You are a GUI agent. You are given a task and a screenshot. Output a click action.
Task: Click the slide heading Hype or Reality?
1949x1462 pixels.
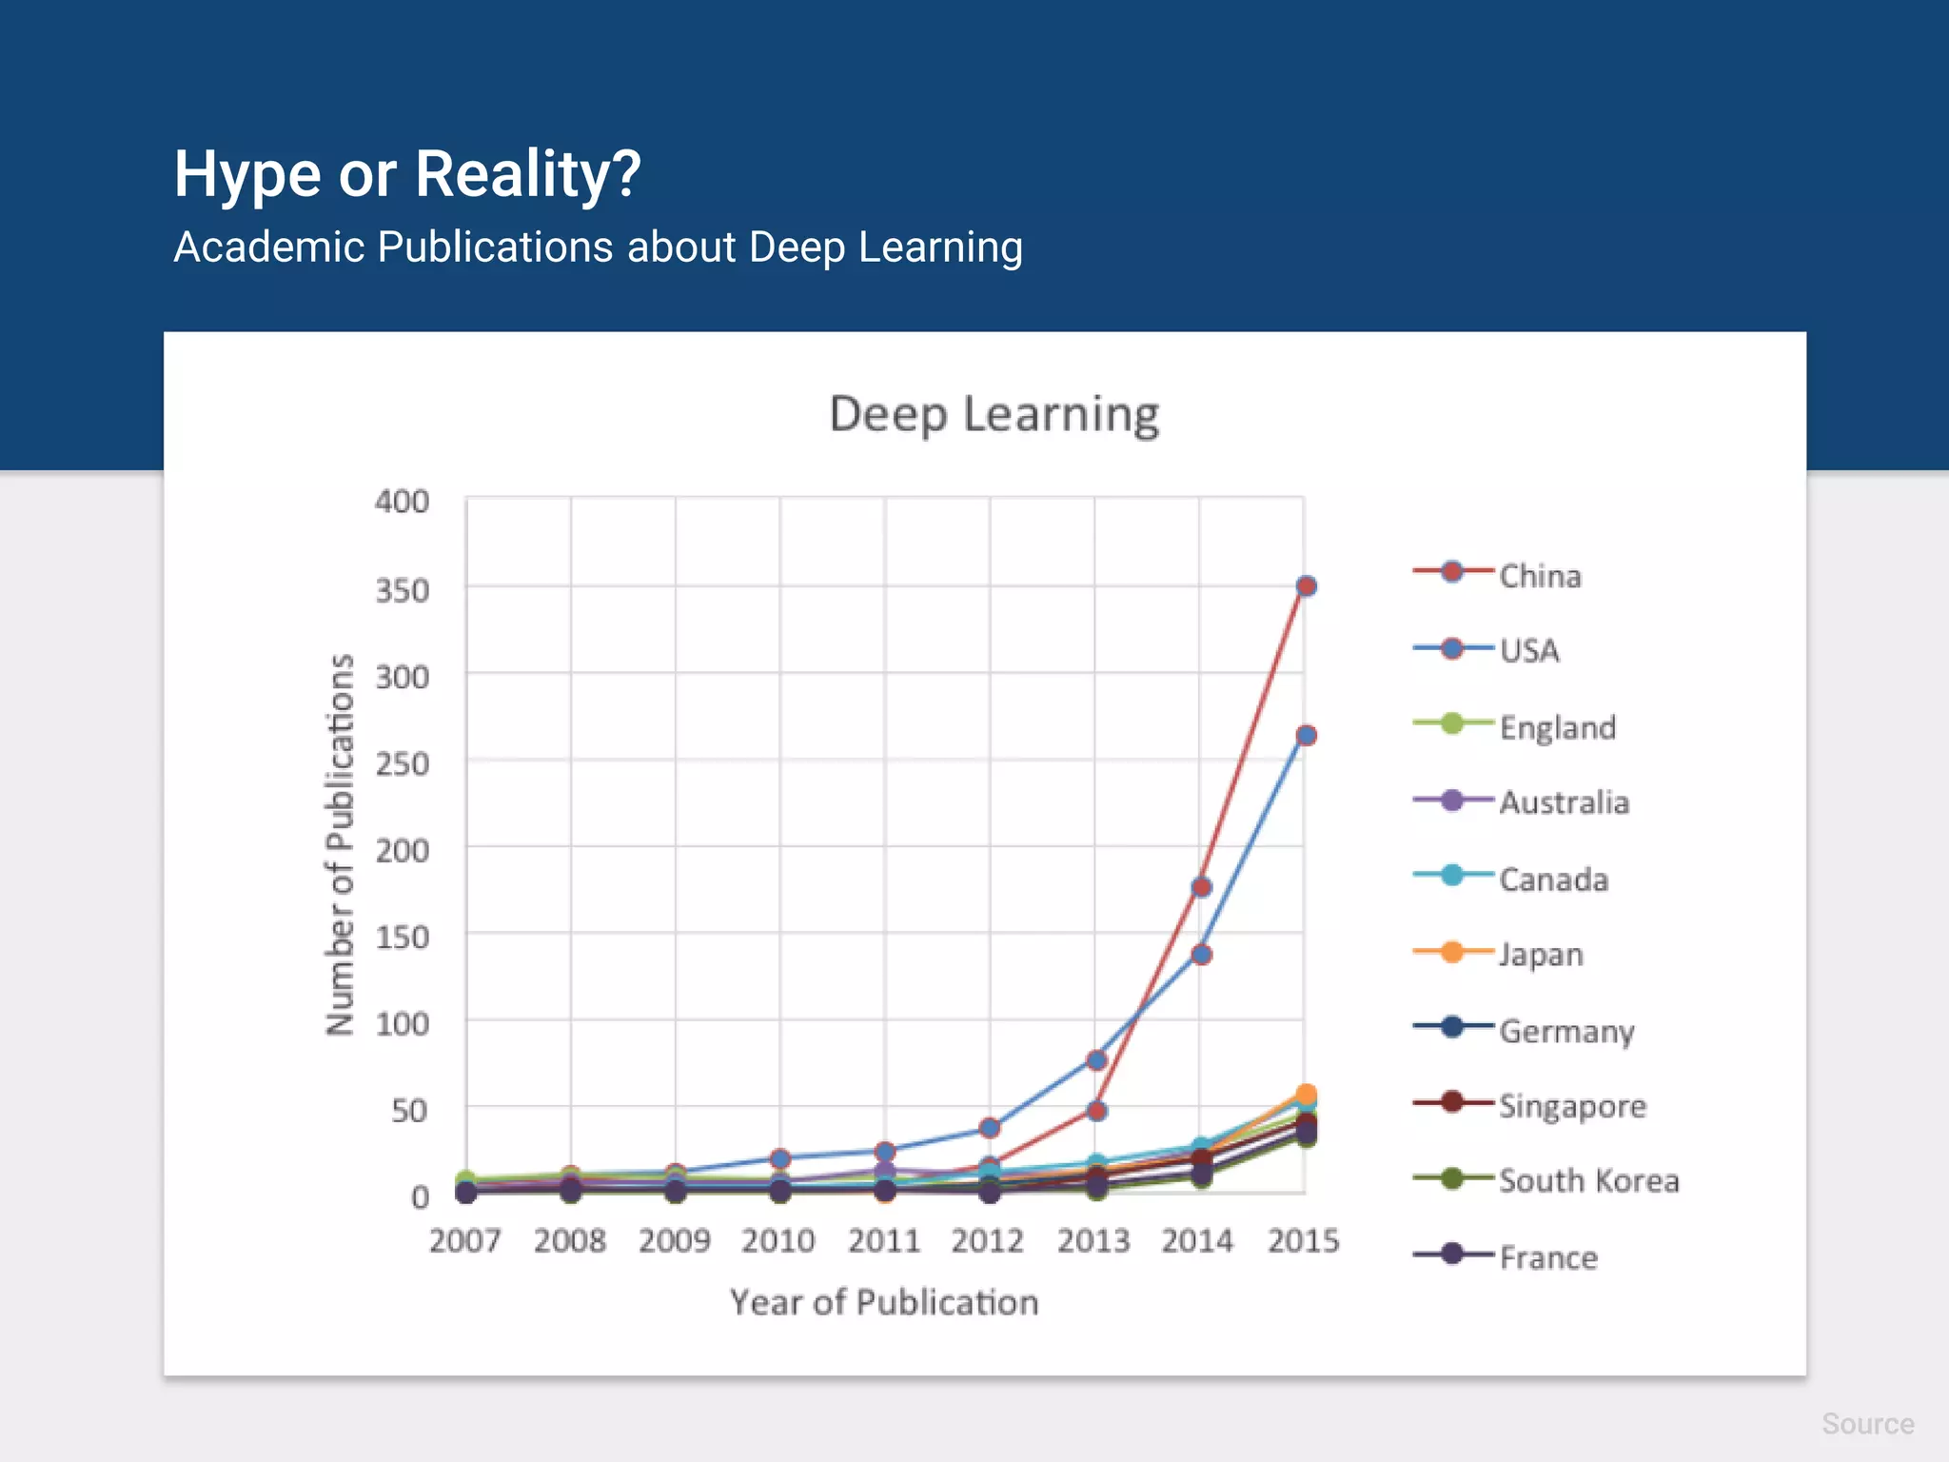tap(407, 174)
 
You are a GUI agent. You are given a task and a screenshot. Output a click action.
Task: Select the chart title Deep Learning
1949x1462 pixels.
tap(994, 414)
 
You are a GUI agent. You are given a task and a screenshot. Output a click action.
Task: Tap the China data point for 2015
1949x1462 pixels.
tap(1306, 586)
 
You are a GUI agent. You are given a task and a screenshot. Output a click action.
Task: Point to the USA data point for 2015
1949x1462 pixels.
tap(1306, 735)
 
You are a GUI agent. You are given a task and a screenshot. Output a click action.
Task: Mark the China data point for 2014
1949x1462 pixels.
tap(1201, 887)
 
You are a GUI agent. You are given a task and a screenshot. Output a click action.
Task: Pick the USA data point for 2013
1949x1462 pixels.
tap(1096, 1059)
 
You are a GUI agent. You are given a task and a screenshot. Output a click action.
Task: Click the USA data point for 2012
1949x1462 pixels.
tap(990, 1128)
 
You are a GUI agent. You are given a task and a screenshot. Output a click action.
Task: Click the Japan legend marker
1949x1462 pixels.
tap(1451, 952)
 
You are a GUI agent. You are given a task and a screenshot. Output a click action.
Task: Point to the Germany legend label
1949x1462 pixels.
tap(1566, 1031)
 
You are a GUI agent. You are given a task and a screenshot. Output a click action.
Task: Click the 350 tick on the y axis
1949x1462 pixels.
tap(402, 591)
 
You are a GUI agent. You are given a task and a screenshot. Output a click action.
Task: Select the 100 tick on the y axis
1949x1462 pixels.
tap(402, 1024)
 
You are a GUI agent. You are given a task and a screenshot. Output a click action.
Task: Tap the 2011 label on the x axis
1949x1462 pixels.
tap(883, 1241)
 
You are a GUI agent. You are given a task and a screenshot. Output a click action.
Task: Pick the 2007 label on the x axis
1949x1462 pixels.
tap(464, 1241)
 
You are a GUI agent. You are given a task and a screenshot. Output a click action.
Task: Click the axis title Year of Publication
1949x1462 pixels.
tap(883, 1302)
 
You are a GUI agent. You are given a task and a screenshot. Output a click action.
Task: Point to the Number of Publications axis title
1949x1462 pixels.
tap(340, 844)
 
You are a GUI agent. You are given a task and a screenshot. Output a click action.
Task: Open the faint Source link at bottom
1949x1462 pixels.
tap(1867, 1424)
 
